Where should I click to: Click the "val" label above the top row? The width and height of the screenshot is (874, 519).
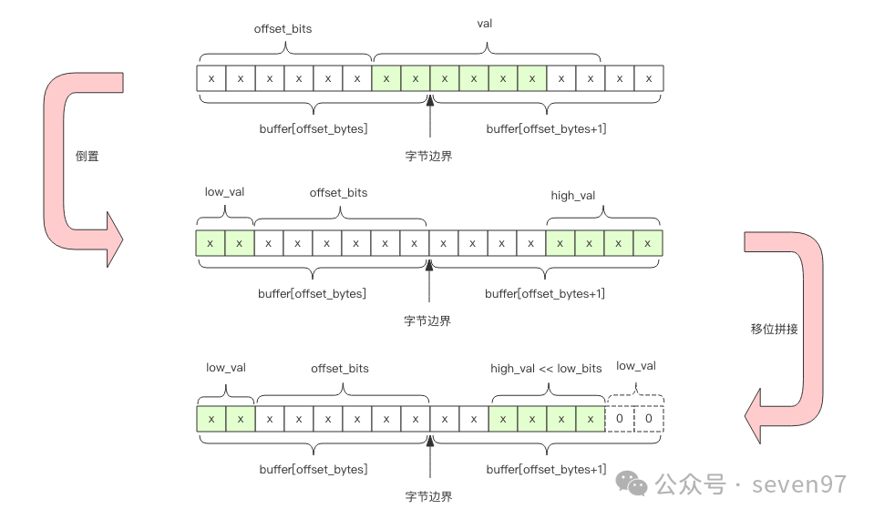[485, 23]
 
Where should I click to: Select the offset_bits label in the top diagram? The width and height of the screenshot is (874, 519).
[283, 28]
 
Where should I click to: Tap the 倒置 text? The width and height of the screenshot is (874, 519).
[87, 156]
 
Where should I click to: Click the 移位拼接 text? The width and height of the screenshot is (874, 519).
[774, 329]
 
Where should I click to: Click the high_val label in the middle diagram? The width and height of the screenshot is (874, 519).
[573, 196]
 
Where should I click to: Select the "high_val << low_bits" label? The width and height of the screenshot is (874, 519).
[546, 368]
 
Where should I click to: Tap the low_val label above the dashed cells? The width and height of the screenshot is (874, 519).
[636, 366]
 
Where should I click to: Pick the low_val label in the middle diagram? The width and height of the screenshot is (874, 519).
[224, 192]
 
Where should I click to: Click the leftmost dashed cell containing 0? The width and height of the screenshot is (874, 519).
[620, 419]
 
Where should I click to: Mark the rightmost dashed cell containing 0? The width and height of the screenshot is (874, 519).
[649, 419]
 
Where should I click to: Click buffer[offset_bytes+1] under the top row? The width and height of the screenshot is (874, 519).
[546, 128]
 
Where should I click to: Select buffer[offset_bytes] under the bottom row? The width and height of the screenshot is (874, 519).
[314, 469]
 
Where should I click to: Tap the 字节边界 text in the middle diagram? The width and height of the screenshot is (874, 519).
[427, 321]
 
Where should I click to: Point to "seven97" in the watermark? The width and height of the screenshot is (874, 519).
[799, 484]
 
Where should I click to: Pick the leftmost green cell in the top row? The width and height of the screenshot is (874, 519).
[386, 78]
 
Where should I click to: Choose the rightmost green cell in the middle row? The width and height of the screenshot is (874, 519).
[648, 243]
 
